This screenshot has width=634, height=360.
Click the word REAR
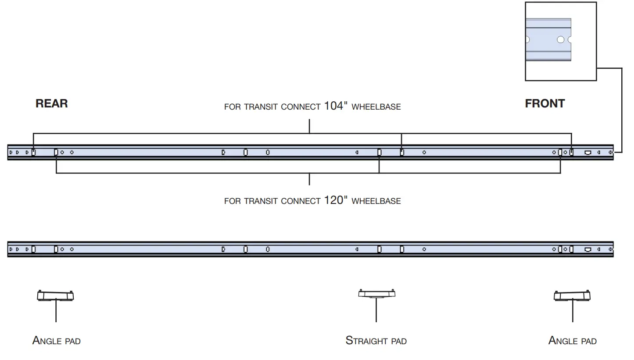point(51,103)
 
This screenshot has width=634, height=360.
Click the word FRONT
point(544,103)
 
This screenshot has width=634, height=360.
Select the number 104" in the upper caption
point(336,106)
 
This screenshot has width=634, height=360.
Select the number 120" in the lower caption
point(336,200)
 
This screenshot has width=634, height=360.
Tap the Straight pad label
point(376,340)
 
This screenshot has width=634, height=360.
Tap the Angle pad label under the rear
point(56,340)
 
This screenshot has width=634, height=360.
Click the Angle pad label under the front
point(572,340)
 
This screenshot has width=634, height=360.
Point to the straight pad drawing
point(376,294)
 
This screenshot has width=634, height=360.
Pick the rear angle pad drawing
point(55,296)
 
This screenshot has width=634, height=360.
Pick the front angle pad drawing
point(572,296)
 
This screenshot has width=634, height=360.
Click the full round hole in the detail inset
point(560,40)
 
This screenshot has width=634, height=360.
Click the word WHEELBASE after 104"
point(376,107)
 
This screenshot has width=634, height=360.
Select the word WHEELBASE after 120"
point(376,201)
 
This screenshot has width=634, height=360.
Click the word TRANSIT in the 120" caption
point(260,201)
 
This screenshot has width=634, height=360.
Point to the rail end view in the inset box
point(548,40)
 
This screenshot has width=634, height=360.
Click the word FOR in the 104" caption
point(232,107)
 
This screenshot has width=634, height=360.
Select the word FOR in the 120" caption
point(232,201)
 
